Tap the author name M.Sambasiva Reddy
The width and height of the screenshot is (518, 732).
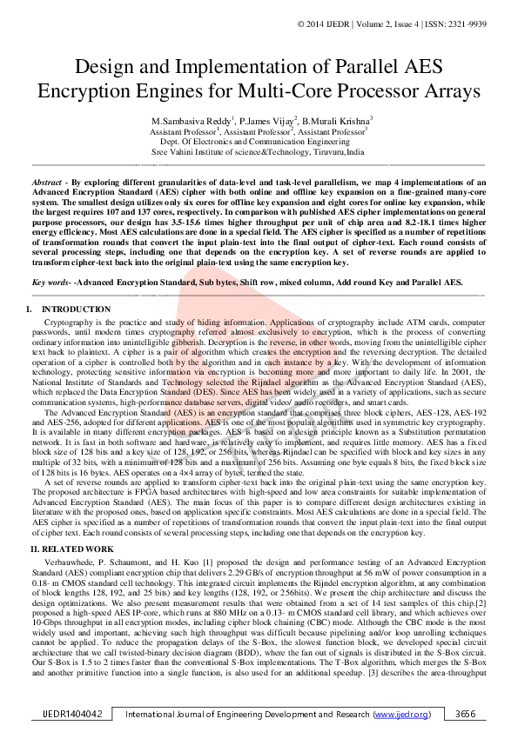click(186, 120)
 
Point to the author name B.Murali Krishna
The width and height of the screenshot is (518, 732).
click(338, 120)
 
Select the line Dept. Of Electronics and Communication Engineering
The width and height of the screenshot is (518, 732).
click(259, 140)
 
